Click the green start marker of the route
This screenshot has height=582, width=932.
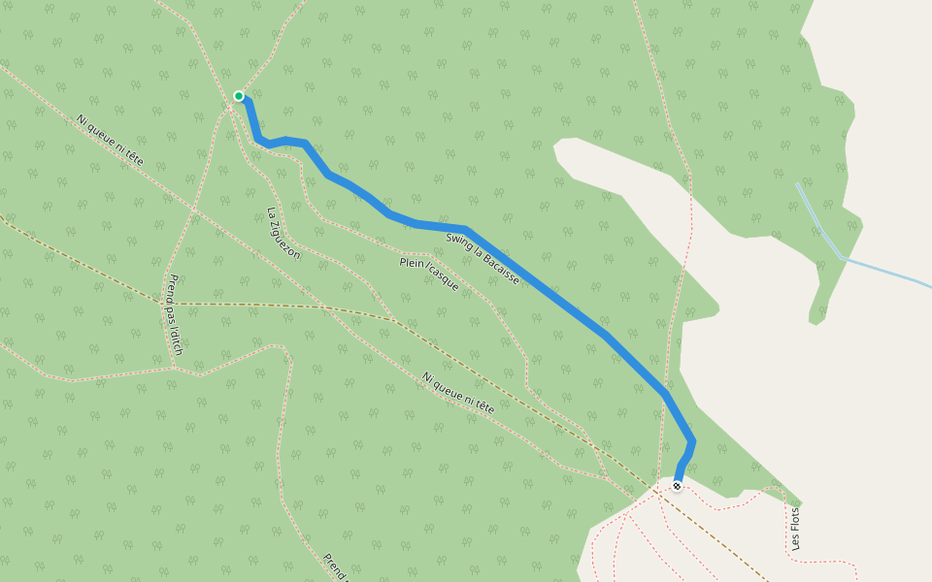click(239, 95)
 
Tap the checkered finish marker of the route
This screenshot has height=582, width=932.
click(677, 486)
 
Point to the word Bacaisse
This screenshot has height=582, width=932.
click(499, 267)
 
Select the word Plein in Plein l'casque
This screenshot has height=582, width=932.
click(412, 264)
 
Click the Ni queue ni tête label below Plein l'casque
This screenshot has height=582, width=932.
click(458, 393)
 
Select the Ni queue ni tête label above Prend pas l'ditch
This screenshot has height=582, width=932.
click(110, 139)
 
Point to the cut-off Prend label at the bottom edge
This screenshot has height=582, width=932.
click(335, 566)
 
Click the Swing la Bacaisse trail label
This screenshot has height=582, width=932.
click(483, 258)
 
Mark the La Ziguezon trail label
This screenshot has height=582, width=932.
click(283, 234)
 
